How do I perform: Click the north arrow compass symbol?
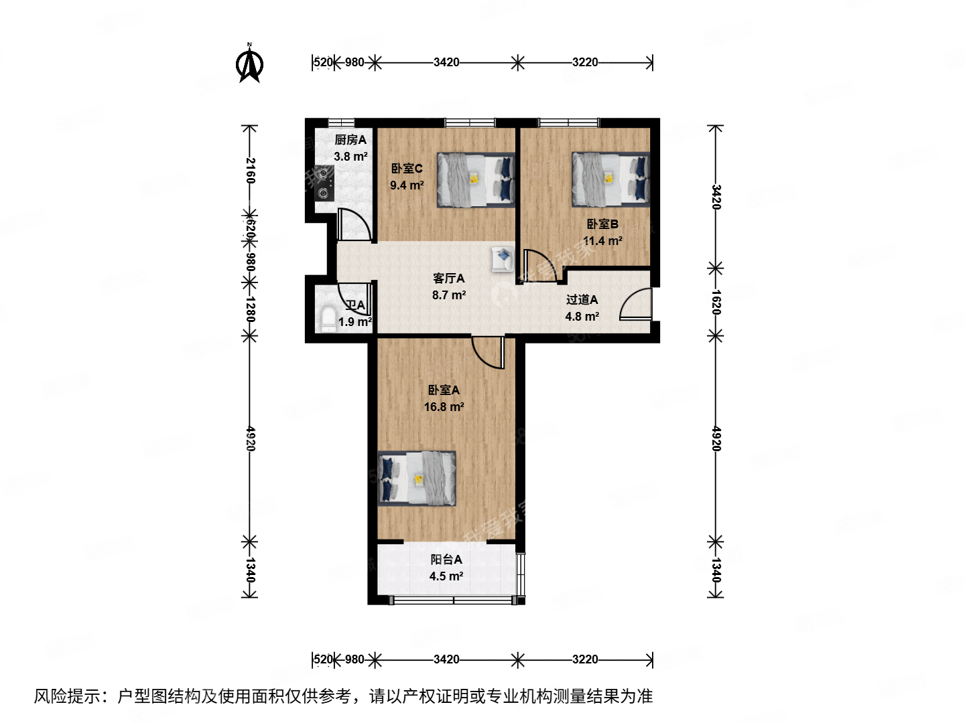(x=249, y=64)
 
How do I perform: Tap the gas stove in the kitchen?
(x=325, y=183)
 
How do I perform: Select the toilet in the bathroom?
(x=328, y=319)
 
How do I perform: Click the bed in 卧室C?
(x=476, y=179)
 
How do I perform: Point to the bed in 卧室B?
(x=610, y=179)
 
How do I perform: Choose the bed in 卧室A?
(x=417, y=478)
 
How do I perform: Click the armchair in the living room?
(x=503, y=259)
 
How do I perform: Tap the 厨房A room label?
(x=350, y=140)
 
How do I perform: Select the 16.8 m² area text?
(x=444, y=406)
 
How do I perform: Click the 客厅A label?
(x=448, y=278)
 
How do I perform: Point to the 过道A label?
(x=582, y=299)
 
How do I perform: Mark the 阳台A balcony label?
(x=446, y=559)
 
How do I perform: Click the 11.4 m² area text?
(x=602, y=241)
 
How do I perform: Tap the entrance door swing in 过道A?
(x=635, y=305)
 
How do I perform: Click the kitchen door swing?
(x=354, y=224)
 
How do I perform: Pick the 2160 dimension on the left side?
(x=250, y=171)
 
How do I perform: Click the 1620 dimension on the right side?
(x=716, y=302)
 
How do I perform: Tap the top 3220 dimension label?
(x=585, y=62)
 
